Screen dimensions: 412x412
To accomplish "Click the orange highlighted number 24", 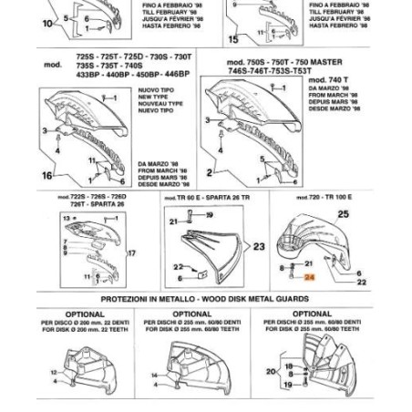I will [x=309, y=276].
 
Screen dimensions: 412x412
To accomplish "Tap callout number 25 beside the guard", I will [x=343, y=214].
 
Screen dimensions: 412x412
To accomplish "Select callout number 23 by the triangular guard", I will [x=259, y=247].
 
